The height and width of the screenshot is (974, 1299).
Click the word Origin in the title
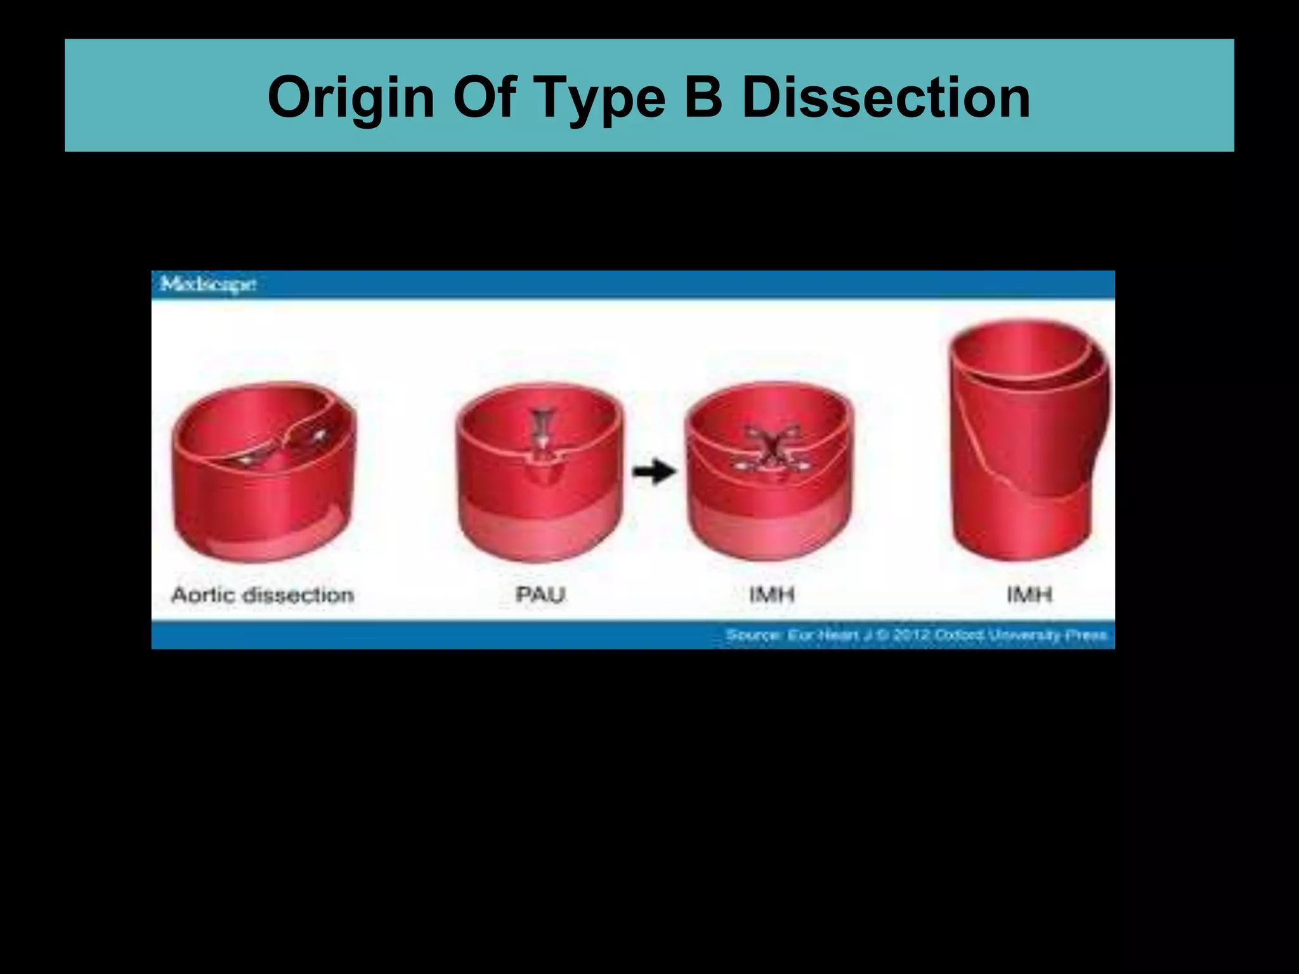click(x=351, y=98)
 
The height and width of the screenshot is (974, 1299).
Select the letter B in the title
click(x=704, y=97)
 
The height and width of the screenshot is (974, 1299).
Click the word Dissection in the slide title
click(x=885, y=97)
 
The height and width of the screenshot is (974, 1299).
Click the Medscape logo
click(x=208, y=284)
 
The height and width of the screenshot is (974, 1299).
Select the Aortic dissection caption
click(x=263, y=595)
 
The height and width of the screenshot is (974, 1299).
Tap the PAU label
click(x=540, y=595)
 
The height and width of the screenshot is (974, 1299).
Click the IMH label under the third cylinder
click(x=771, y=595)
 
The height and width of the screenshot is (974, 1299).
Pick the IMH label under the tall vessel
click(x=1029, y=595)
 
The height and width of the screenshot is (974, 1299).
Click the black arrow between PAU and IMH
click(x=655, y=471)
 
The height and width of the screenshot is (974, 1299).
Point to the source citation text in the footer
click(x=916, y=635)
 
